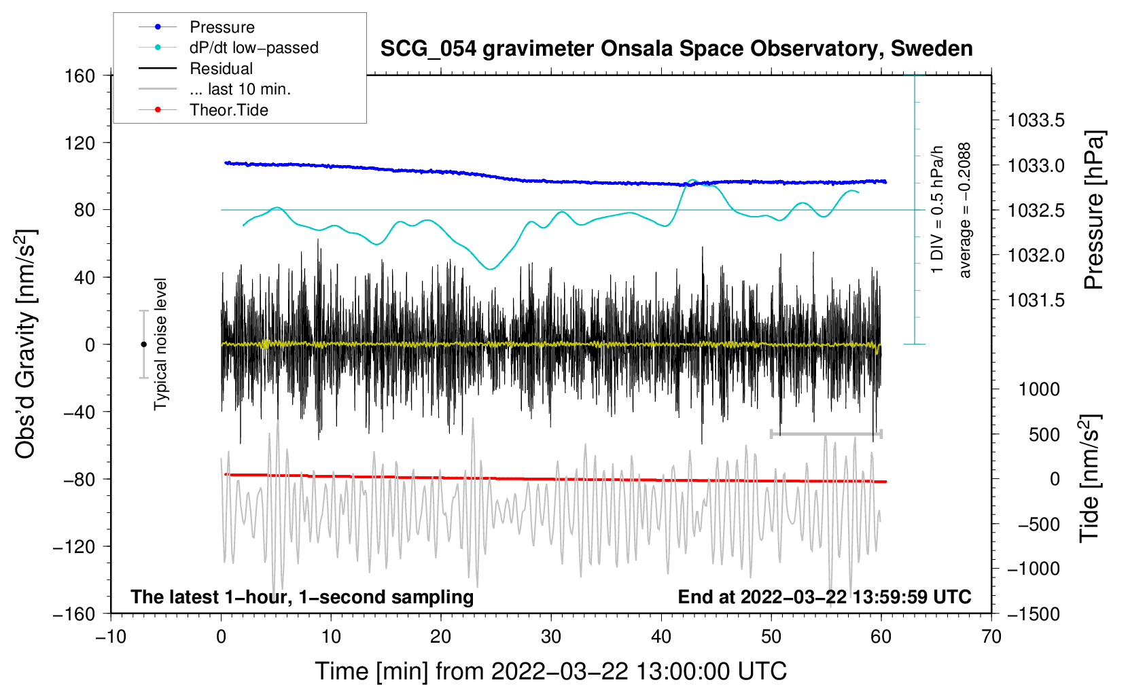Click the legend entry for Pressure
click(222, 27)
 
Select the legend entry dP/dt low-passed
click(253, 48)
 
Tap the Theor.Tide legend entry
click(228, 110)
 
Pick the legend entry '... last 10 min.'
click(240, 89)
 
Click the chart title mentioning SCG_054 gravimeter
click(676, 49)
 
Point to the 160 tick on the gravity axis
click(80, 75)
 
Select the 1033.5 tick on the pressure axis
click(1036, 121)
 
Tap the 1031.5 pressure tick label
click(1036, 300)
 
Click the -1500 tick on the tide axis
click(1034, 614)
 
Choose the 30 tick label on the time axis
click(551, 637)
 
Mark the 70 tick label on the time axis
click(991, 637)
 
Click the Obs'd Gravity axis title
click(26, 344)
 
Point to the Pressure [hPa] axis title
click(1093, 210)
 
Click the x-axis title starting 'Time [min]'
click(550, 671)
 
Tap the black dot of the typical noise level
click(143, 344)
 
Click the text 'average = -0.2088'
click(965, 210)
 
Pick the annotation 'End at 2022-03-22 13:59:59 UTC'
click(824, 597)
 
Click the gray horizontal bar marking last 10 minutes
click(826, 433)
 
